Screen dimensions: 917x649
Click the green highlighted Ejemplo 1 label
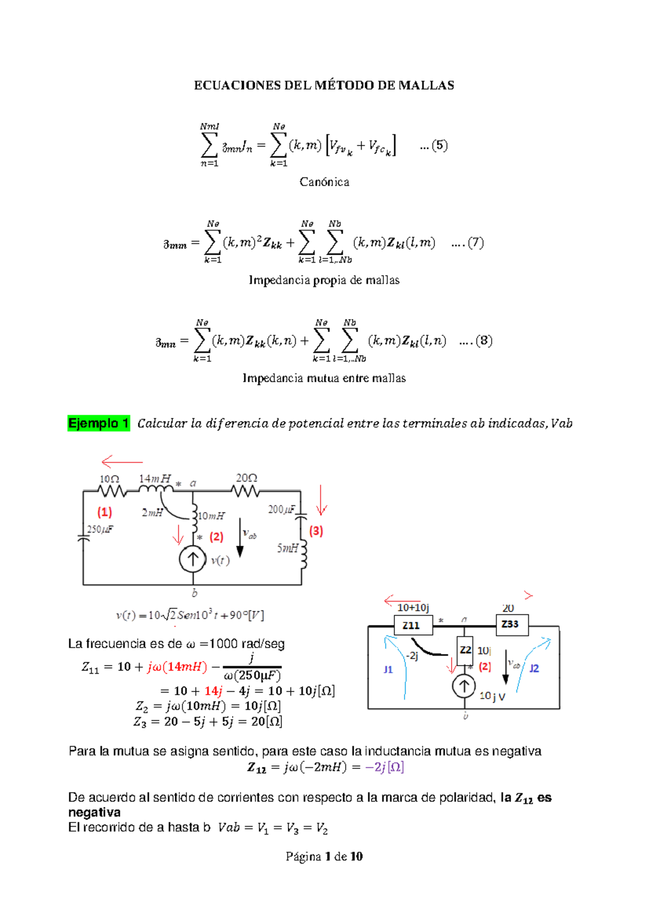click(x=98, y=423)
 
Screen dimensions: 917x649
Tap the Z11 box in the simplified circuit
click(x=411, y=626)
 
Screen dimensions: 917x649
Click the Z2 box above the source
click(x=465, y=650)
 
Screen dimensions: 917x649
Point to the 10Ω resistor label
click(x=109, y=479)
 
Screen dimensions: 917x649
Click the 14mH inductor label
click(x=155, y=479)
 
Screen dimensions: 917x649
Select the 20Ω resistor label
click(x=246, y=478)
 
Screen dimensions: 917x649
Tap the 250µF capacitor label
click(x=101, y=529)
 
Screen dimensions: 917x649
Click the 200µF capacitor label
click(x=282, y=509)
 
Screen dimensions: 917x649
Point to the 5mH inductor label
click(x=288, y=548)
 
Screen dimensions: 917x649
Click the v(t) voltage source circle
click(x=193, y=560)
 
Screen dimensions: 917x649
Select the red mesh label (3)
click(x=316, y=531)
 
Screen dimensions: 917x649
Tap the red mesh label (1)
click(x=104, y=512)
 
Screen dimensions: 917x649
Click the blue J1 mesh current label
click(x=388, y=669)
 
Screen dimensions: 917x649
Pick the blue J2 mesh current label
click(x=534, y=668)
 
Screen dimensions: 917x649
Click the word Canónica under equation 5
click(x=325, y=182)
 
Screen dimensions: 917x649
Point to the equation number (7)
click(x=475, y=243)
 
